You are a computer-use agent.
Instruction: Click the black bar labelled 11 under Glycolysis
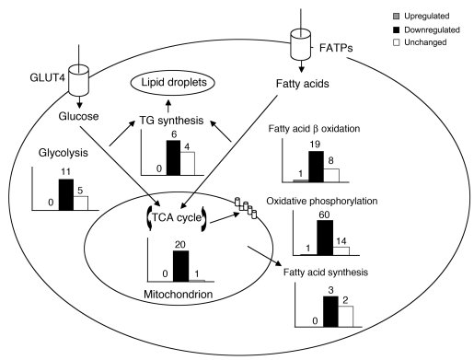[65, 195]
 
